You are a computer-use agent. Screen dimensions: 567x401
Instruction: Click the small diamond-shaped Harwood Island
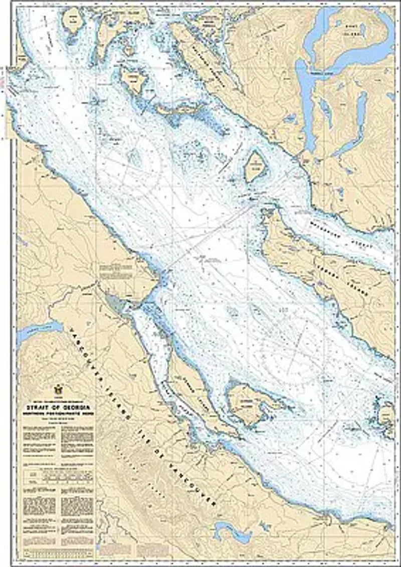pos(255,167)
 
